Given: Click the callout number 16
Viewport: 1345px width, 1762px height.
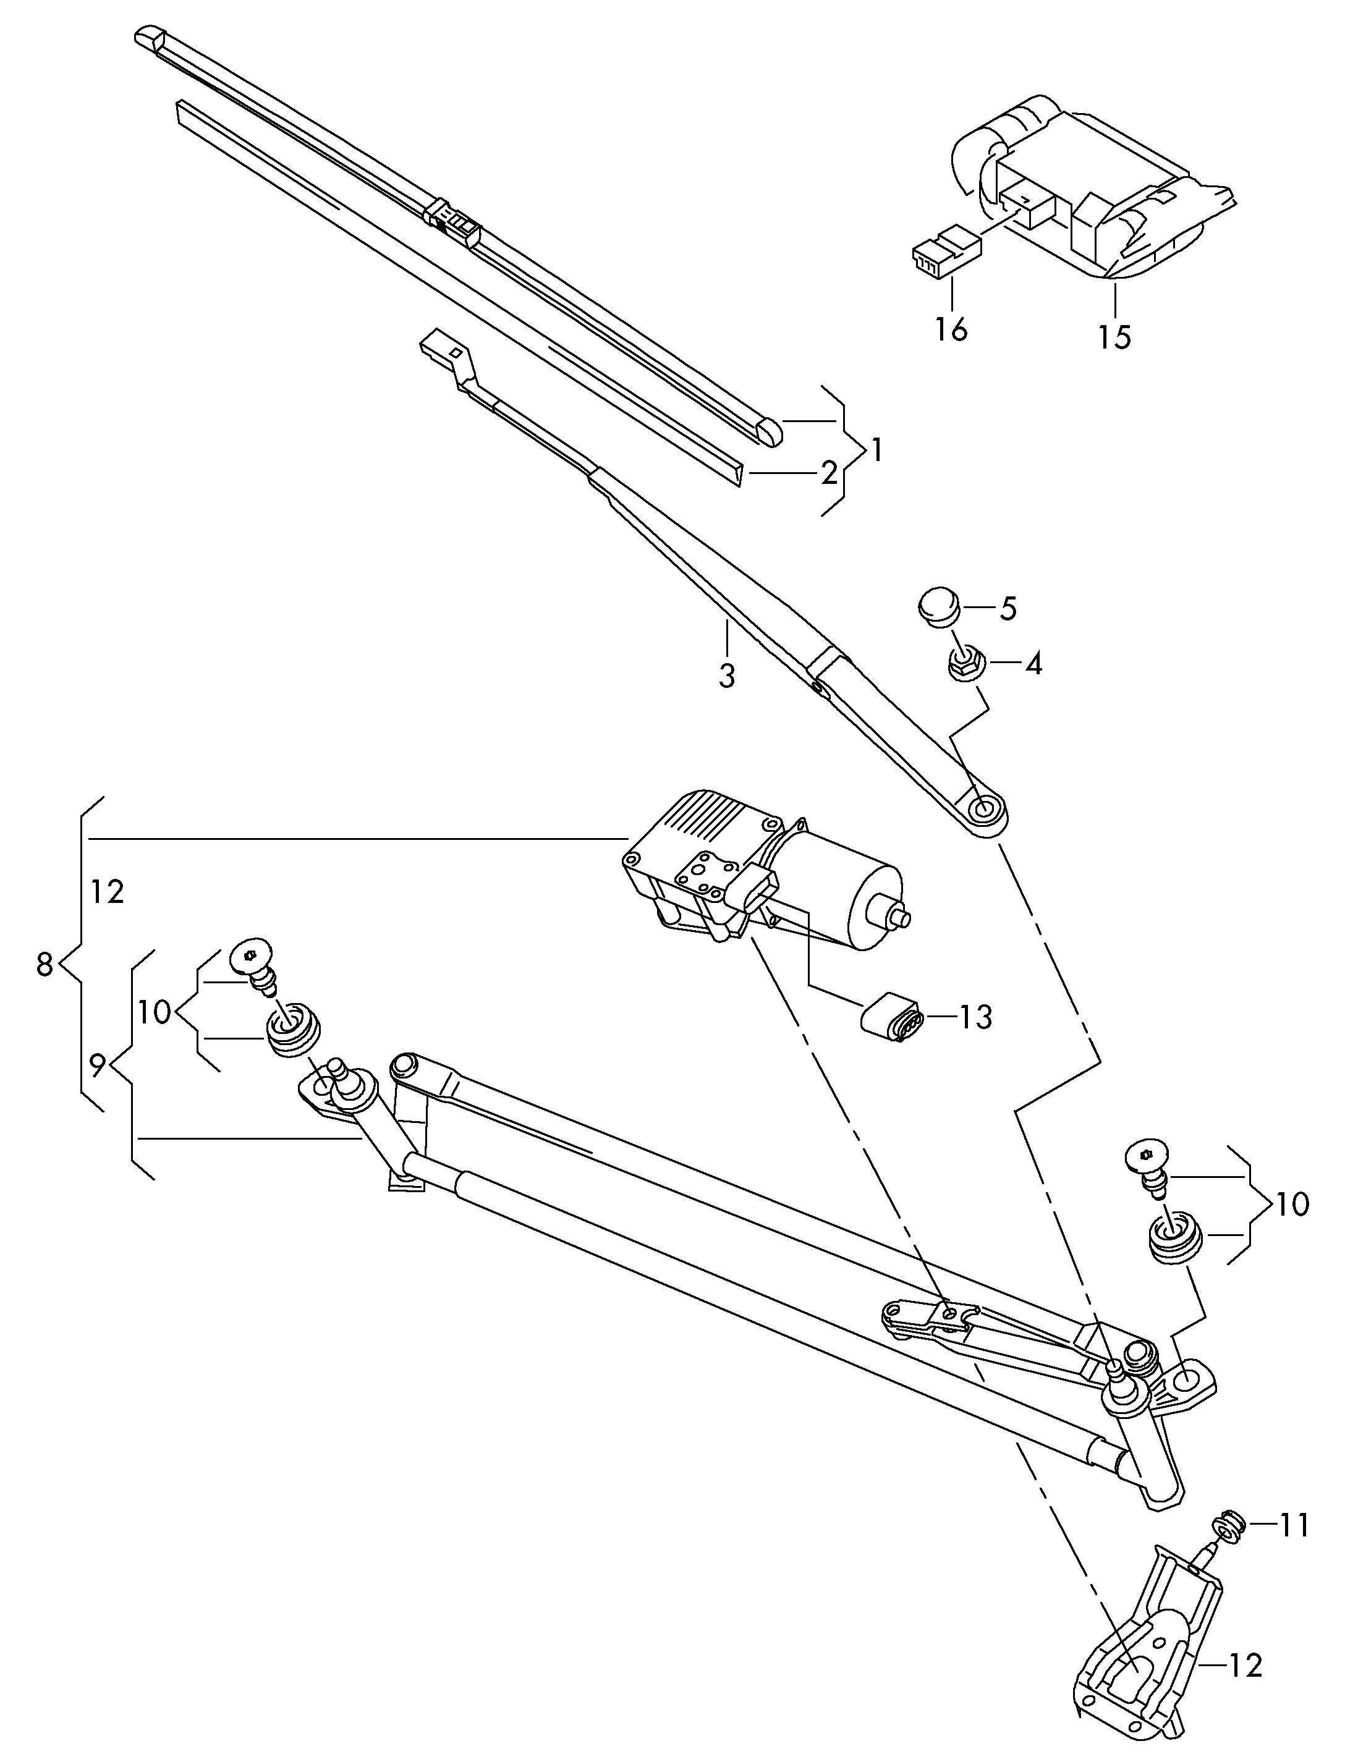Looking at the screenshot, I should tap(951, 328).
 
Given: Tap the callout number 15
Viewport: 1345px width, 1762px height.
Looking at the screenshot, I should tap(1114, 336).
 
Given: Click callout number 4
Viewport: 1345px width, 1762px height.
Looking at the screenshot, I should tap(1033, 664).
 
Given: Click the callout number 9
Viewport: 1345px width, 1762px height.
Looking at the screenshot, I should tap(98, 1065).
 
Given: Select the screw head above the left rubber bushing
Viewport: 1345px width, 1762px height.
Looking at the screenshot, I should tap(250, 955).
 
